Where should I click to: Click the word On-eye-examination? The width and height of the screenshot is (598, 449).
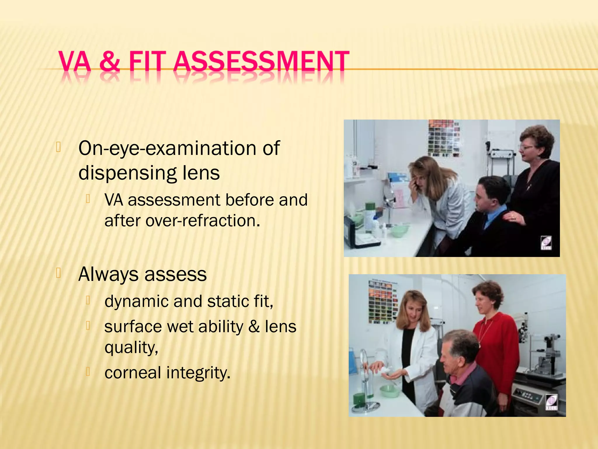[x=166, y=148]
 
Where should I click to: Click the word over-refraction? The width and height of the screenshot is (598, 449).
[x=202, y=221]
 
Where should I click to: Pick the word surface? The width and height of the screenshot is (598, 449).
[x=133, y=327]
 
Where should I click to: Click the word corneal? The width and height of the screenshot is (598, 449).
[x=133, y=373]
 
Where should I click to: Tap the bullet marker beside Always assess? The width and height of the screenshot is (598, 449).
[x=58, y=273]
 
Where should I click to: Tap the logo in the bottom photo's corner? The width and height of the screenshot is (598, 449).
[x=551, y=402]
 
